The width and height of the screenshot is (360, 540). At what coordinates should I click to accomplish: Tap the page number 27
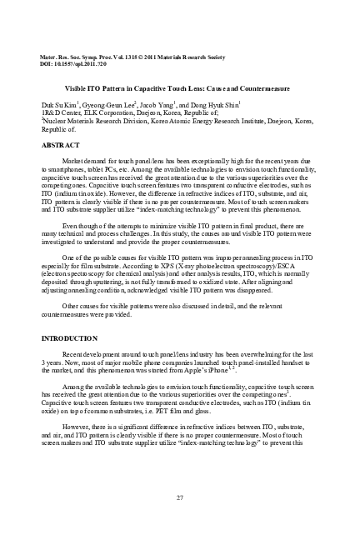tap(180, 497)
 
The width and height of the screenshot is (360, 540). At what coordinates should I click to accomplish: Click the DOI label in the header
tap(46, 62)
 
